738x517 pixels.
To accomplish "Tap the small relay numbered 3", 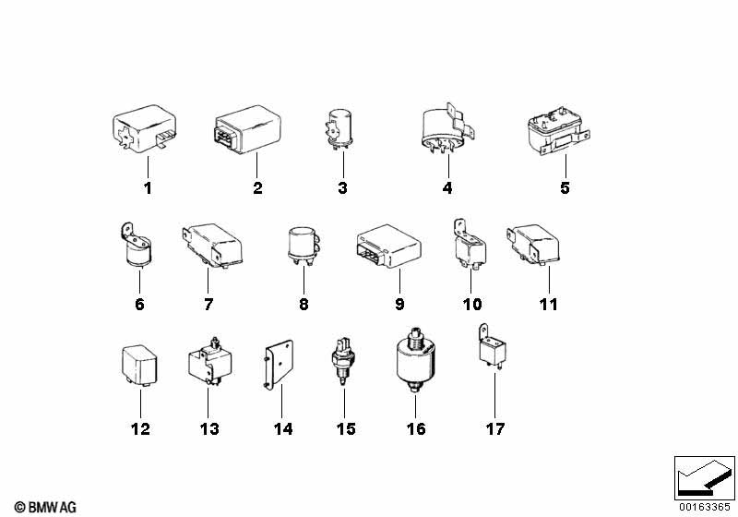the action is (x=340, y=128).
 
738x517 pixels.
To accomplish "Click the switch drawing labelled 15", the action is (x=343, y=367).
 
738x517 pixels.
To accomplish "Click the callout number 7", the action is (x=208, y=304).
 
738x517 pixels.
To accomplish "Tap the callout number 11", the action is (x=549, y=304).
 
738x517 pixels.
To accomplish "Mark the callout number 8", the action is (x=304, y=304).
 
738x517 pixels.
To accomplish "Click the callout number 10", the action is (x=472, y=304).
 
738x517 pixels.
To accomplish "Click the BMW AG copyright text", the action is (x=45, y=507).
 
